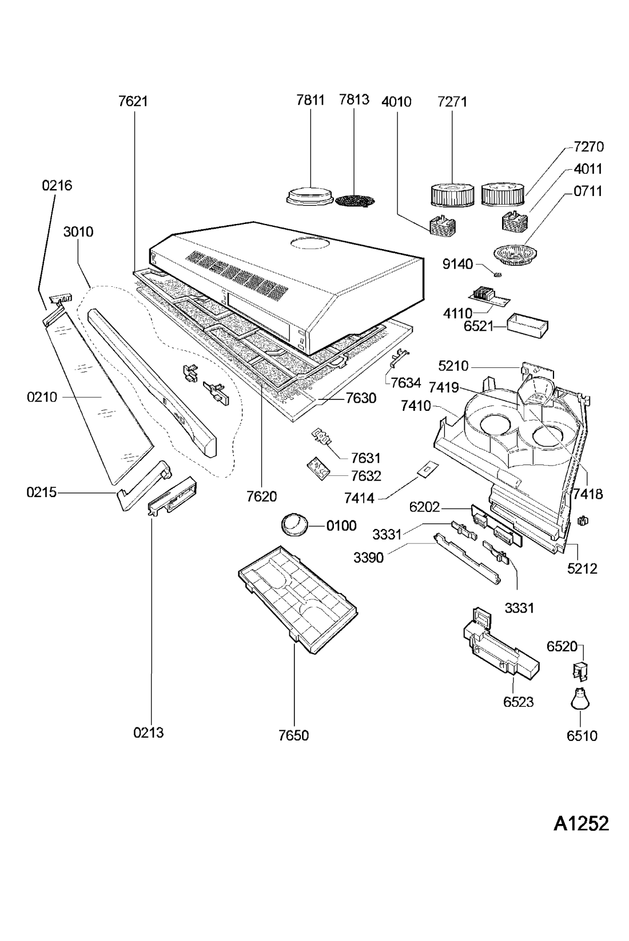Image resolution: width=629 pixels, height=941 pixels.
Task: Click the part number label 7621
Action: (x=133, y=101)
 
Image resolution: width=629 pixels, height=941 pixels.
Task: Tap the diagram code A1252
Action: (x=580, y=823)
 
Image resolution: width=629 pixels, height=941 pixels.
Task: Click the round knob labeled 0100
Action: (x=294, y=524)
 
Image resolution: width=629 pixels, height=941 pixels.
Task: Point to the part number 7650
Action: (x=294, y=735)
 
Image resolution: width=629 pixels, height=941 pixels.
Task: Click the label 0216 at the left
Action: (x=57, y=185)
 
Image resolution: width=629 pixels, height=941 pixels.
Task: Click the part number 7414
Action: (x=359, y=498)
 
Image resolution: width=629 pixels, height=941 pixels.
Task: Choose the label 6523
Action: (x=518, y=702)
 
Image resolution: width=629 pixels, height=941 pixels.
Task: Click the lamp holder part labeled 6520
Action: (x=581, y=671)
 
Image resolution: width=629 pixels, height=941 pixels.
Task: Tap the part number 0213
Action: (x=149, y=732)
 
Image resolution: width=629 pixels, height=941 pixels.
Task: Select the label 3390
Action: (x=368, y=558)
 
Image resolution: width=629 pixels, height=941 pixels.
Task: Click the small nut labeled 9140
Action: (x=496, y=275)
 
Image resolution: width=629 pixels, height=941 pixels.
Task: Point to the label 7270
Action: (x=588, y=147)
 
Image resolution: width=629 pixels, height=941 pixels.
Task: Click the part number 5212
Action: (x=582, y=568)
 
